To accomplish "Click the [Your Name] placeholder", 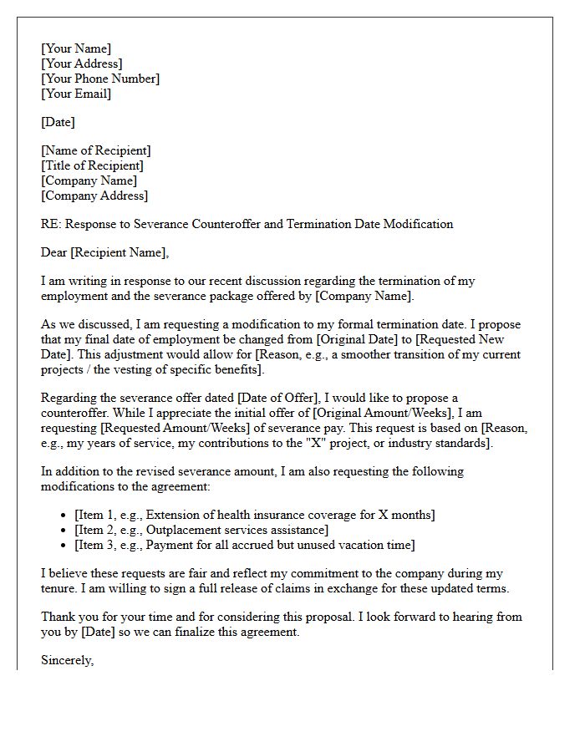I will pyautogui.click(x=76, y=48).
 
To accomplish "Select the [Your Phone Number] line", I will pyautogui.click(x=100, y=79).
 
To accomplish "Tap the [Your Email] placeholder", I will pyautogui.click(x=76, y=94).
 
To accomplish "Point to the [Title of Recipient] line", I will pyautogui.click(x=92, y=165).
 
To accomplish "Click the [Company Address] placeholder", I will pyautogui.click(x=94, y=196).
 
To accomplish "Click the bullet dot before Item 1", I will pyautogui.click(x=65, y=516).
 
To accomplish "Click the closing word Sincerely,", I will pyautogui.click(x=68, y=660).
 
